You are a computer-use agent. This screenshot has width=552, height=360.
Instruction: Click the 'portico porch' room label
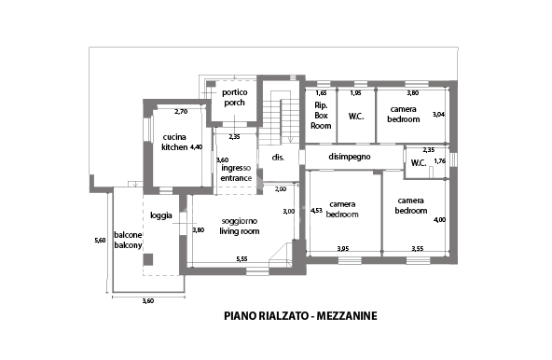coord(234,98)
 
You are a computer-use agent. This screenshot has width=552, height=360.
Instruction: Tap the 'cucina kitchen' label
coord(173,143)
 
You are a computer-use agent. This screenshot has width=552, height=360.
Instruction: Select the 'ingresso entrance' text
coord(236,173)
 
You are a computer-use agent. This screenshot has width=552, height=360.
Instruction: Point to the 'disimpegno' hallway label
coord(351,158)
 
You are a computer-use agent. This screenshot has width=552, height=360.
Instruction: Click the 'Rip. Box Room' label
coord(321,115)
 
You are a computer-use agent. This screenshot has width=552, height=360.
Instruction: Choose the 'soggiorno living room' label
coord(239,226)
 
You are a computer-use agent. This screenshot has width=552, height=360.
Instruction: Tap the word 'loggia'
coord(160,215)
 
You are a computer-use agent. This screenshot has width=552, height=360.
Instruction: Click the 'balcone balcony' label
coord(128,241)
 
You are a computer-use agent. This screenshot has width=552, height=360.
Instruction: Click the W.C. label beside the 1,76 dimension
coord(418,164)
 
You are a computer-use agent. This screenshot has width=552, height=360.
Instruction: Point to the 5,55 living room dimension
coord(241,258)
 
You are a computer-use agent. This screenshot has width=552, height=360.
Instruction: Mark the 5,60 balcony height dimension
coord(100,242)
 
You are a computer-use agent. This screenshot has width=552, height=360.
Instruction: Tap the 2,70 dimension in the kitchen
coord(182,112)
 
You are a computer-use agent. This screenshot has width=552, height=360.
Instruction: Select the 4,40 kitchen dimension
coord(196,147)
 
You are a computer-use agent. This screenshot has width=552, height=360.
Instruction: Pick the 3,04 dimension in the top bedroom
coord(439,114)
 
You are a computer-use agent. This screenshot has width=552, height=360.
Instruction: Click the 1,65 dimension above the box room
coord(321,94)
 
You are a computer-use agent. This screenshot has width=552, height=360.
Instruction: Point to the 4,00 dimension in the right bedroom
coord(440,219)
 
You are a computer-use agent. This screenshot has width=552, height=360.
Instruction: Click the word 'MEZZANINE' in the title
coord(344,316)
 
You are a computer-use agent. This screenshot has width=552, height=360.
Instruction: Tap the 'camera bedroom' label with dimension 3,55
coord(411,205)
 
